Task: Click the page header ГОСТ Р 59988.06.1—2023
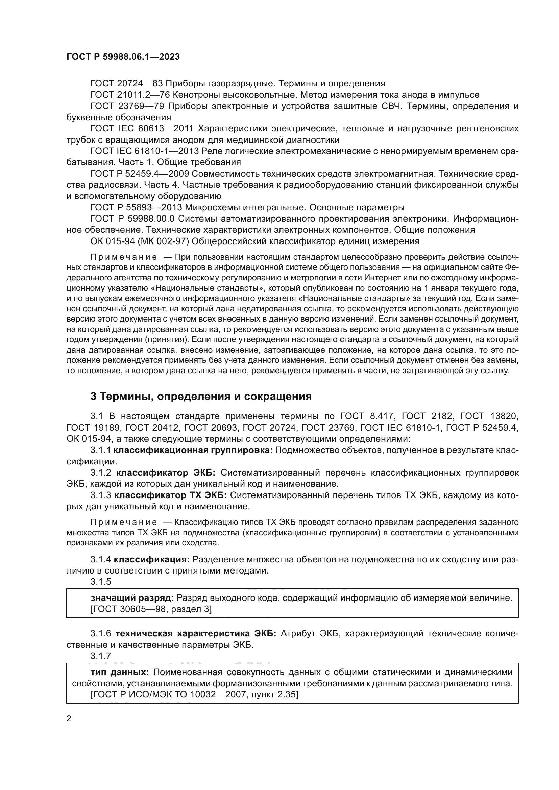click(x=123, y=57)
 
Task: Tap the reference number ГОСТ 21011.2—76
click(x=131, y=95)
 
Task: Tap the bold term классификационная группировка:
click(x=193, y=451)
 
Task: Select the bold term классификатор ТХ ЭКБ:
click(x=170, y=495)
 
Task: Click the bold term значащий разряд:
click(x=132, y=598)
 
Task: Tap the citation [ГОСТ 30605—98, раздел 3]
click(x=151, y=609)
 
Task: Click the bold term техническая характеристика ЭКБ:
click(x=195, y=634)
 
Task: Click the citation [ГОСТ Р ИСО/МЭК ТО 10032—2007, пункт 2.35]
click(x=194, y=695)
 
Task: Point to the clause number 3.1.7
click(x=101, y=656)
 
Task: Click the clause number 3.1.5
click(x=101, y=582)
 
